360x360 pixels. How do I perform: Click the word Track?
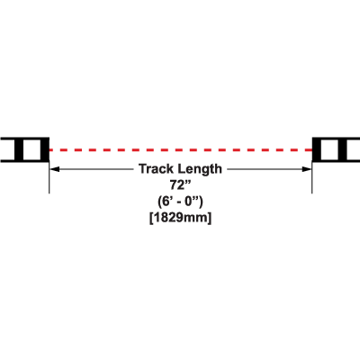(x=157, y=169)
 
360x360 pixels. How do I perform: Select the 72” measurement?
(x=181, y=185)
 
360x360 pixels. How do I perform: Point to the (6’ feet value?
(x=166, y=202)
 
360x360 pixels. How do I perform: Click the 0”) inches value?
(x=193, y=202)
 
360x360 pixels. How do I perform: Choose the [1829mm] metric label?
(x=180, y=218)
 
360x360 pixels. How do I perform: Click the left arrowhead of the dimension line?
(x=54, y=169)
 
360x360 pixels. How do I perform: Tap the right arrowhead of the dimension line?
(x=307, y=169)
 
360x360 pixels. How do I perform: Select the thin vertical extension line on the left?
(x=49, y=177)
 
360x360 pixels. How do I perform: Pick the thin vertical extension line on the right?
(x=312, y=177)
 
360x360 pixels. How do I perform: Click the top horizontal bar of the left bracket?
(x=24, y=139)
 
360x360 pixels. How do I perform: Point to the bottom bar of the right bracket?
(x=336, y=161)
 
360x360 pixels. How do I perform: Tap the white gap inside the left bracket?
(x=31, y=149)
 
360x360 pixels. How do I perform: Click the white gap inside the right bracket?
(x=329, y=149)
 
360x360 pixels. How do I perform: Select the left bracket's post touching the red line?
(x=45, y=149)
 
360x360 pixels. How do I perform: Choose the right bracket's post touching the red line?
(x=317, y=149)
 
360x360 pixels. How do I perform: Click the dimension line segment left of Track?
(x=92, y=169)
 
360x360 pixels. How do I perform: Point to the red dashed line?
(x=181, y=149)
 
